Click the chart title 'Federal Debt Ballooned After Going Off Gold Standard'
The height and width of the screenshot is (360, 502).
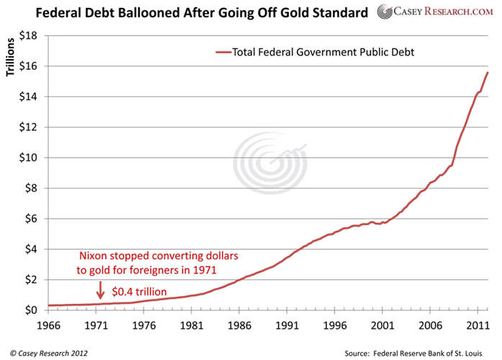click(190, 12)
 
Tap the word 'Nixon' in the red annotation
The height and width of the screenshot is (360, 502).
click(96, 256)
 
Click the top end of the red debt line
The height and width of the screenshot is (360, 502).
click(487, 73)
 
